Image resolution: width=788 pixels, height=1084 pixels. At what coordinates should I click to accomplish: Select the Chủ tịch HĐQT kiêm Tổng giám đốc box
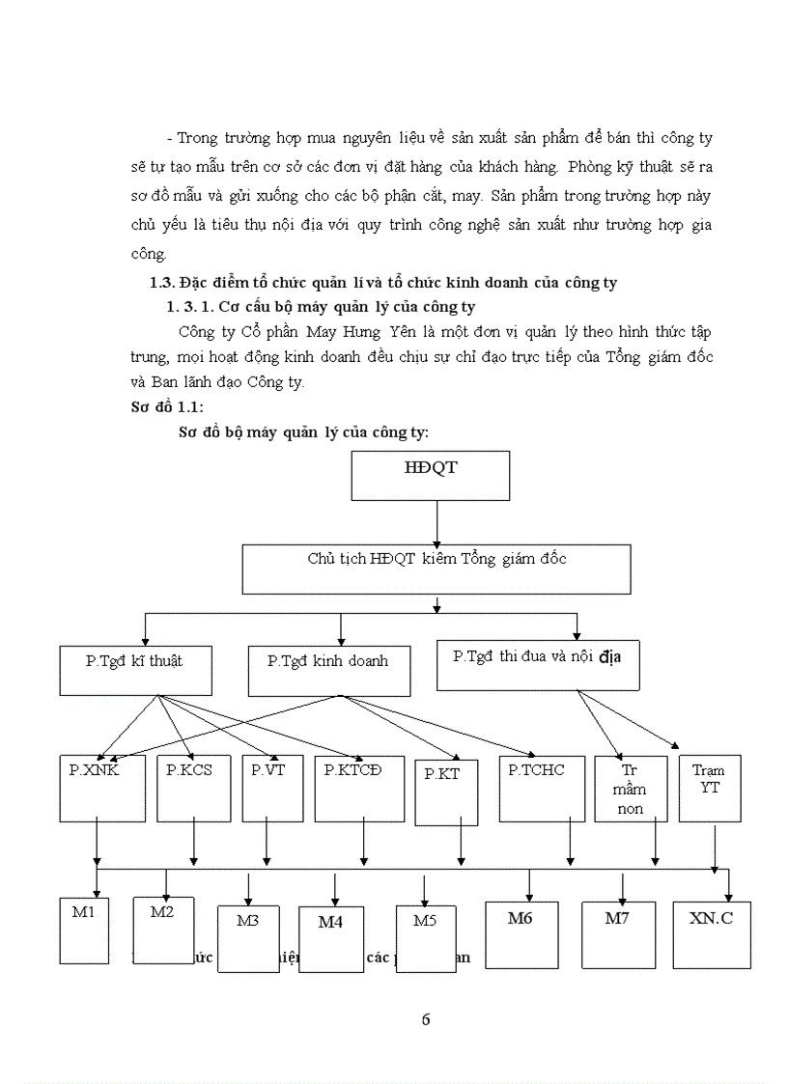[x=436, y=569]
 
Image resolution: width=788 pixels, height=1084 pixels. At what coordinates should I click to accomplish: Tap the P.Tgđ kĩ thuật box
[x=135, y=670]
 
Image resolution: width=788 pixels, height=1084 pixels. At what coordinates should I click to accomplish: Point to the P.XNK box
[x=101, y=789]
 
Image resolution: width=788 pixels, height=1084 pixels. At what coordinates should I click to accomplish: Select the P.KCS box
[x=194, y=789]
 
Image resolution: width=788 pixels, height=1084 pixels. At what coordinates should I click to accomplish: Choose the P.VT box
[x=271, y=789]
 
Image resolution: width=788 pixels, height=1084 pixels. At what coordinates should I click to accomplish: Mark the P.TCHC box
[x=542, y=789]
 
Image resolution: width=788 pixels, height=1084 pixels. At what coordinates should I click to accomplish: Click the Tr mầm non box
[x=631, y=789]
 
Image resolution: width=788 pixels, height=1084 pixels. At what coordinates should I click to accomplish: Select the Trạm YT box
[x=710, y=789]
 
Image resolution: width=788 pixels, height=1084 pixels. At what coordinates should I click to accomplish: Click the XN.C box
[x=712, y=934]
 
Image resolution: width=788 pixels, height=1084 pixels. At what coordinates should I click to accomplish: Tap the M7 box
[x=618, y=934]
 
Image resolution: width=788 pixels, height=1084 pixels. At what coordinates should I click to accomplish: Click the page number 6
[x=426, y=1020]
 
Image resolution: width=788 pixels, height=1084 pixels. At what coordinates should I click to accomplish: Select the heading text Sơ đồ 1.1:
[x=167, y=407]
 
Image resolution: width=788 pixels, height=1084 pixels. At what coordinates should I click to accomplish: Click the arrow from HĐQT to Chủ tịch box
[x=436, y=522]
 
